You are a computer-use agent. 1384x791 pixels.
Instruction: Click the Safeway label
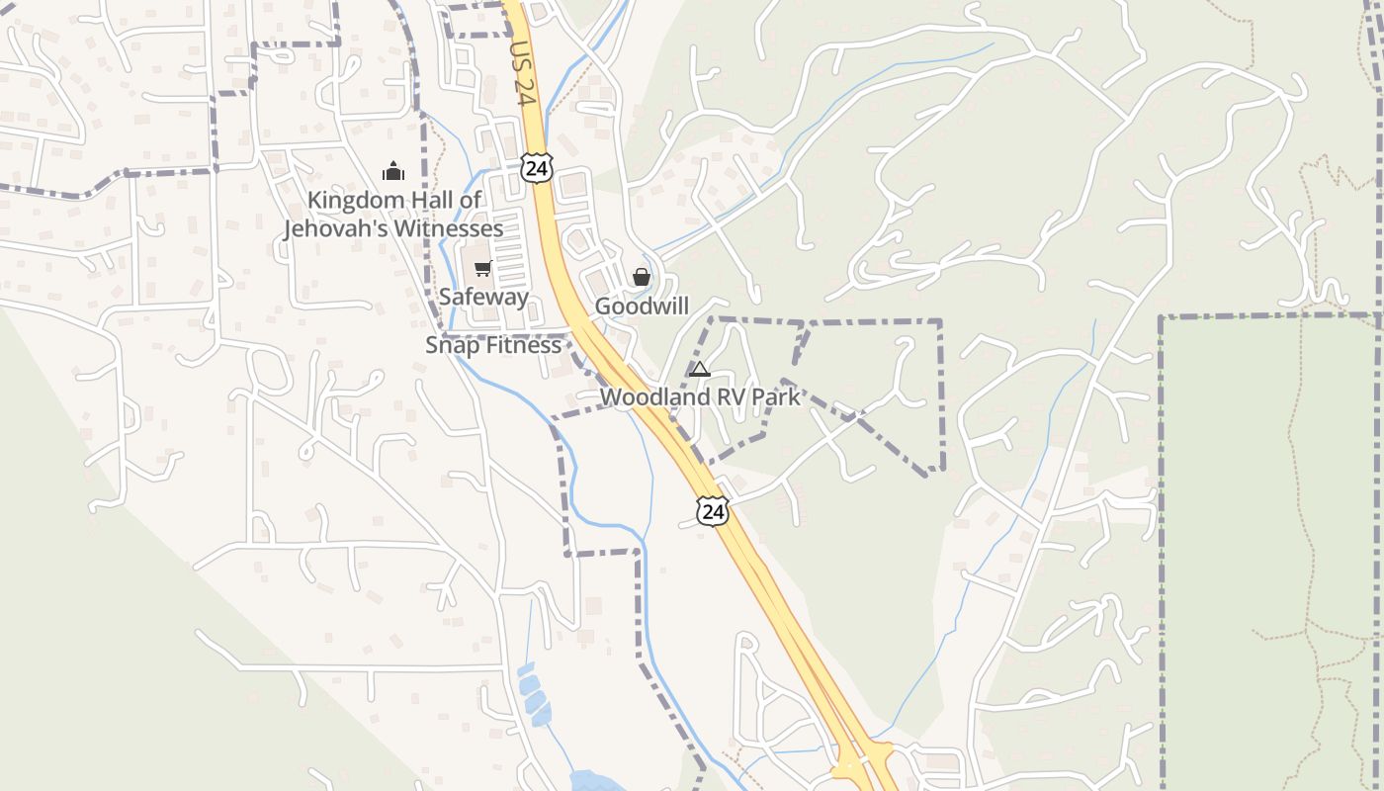[x=483, y=297]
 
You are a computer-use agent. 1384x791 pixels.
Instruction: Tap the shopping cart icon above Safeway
[x=483, y=269]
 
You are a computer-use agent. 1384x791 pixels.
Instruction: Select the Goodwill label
[x=642, y=307]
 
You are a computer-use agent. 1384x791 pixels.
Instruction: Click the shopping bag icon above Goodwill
[x=642, y=277]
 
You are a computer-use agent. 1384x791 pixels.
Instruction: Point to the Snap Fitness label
[x=493, y=345]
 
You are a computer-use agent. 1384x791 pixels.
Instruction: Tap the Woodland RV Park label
[x=700, y=397]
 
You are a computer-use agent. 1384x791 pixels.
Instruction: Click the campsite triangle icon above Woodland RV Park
[x=700, y=370]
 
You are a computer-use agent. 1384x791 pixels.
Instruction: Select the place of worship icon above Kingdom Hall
[x=393, y=172]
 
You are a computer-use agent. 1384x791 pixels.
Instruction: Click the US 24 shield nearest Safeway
[x=536, y=167]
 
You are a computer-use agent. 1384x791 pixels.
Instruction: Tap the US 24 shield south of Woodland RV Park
[x=712, y=510]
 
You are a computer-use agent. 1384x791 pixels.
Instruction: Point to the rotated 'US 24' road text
[x=522, y=71]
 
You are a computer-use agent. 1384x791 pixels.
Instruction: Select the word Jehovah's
[x=335, y=229]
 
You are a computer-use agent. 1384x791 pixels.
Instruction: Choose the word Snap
[x=450, y=345]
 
